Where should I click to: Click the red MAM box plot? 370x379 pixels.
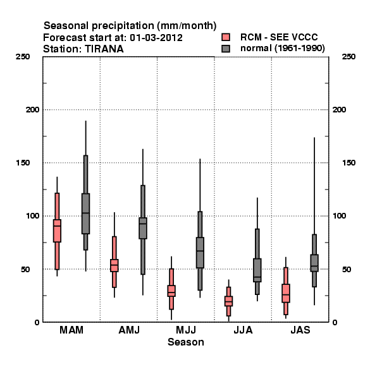click(57, 230)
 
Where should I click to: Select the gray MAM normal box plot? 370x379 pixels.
click(85, 213)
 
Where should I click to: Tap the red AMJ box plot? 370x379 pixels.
click(114, 265)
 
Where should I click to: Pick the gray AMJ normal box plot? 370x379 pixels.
click(143, 227)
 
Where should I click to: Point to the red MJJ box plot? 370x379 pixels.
click(171, 290)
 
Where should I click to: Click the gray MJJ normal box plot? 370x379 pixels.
click(200, 251)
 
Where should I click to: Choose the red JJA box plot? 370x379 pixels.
click(229, 301)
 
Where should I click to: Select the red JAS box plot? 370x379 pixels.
click(286, 292)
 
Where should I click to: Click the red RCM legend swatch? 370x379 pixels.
click(226, 37)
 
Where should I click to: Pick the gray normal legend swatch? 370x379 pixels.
click(226, 49)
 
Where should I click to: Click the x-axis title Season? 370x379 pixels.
click(186, 342)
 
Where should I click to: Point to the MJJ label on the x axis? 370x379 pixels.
click(186, 330)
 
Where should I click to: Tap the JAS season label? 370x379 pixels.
click(300, 330)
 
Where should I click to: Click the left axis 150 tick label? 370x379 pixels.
click(23, 163)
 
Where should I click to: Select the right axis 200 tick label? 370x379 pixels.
click(339, 109)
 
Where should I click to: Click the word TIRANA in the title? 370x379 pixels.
click(104, 49)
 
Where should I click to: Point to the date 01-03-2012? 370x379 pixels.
click(156, 38)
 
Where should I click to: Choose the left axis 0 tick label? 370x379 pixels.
click(37, 322)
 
